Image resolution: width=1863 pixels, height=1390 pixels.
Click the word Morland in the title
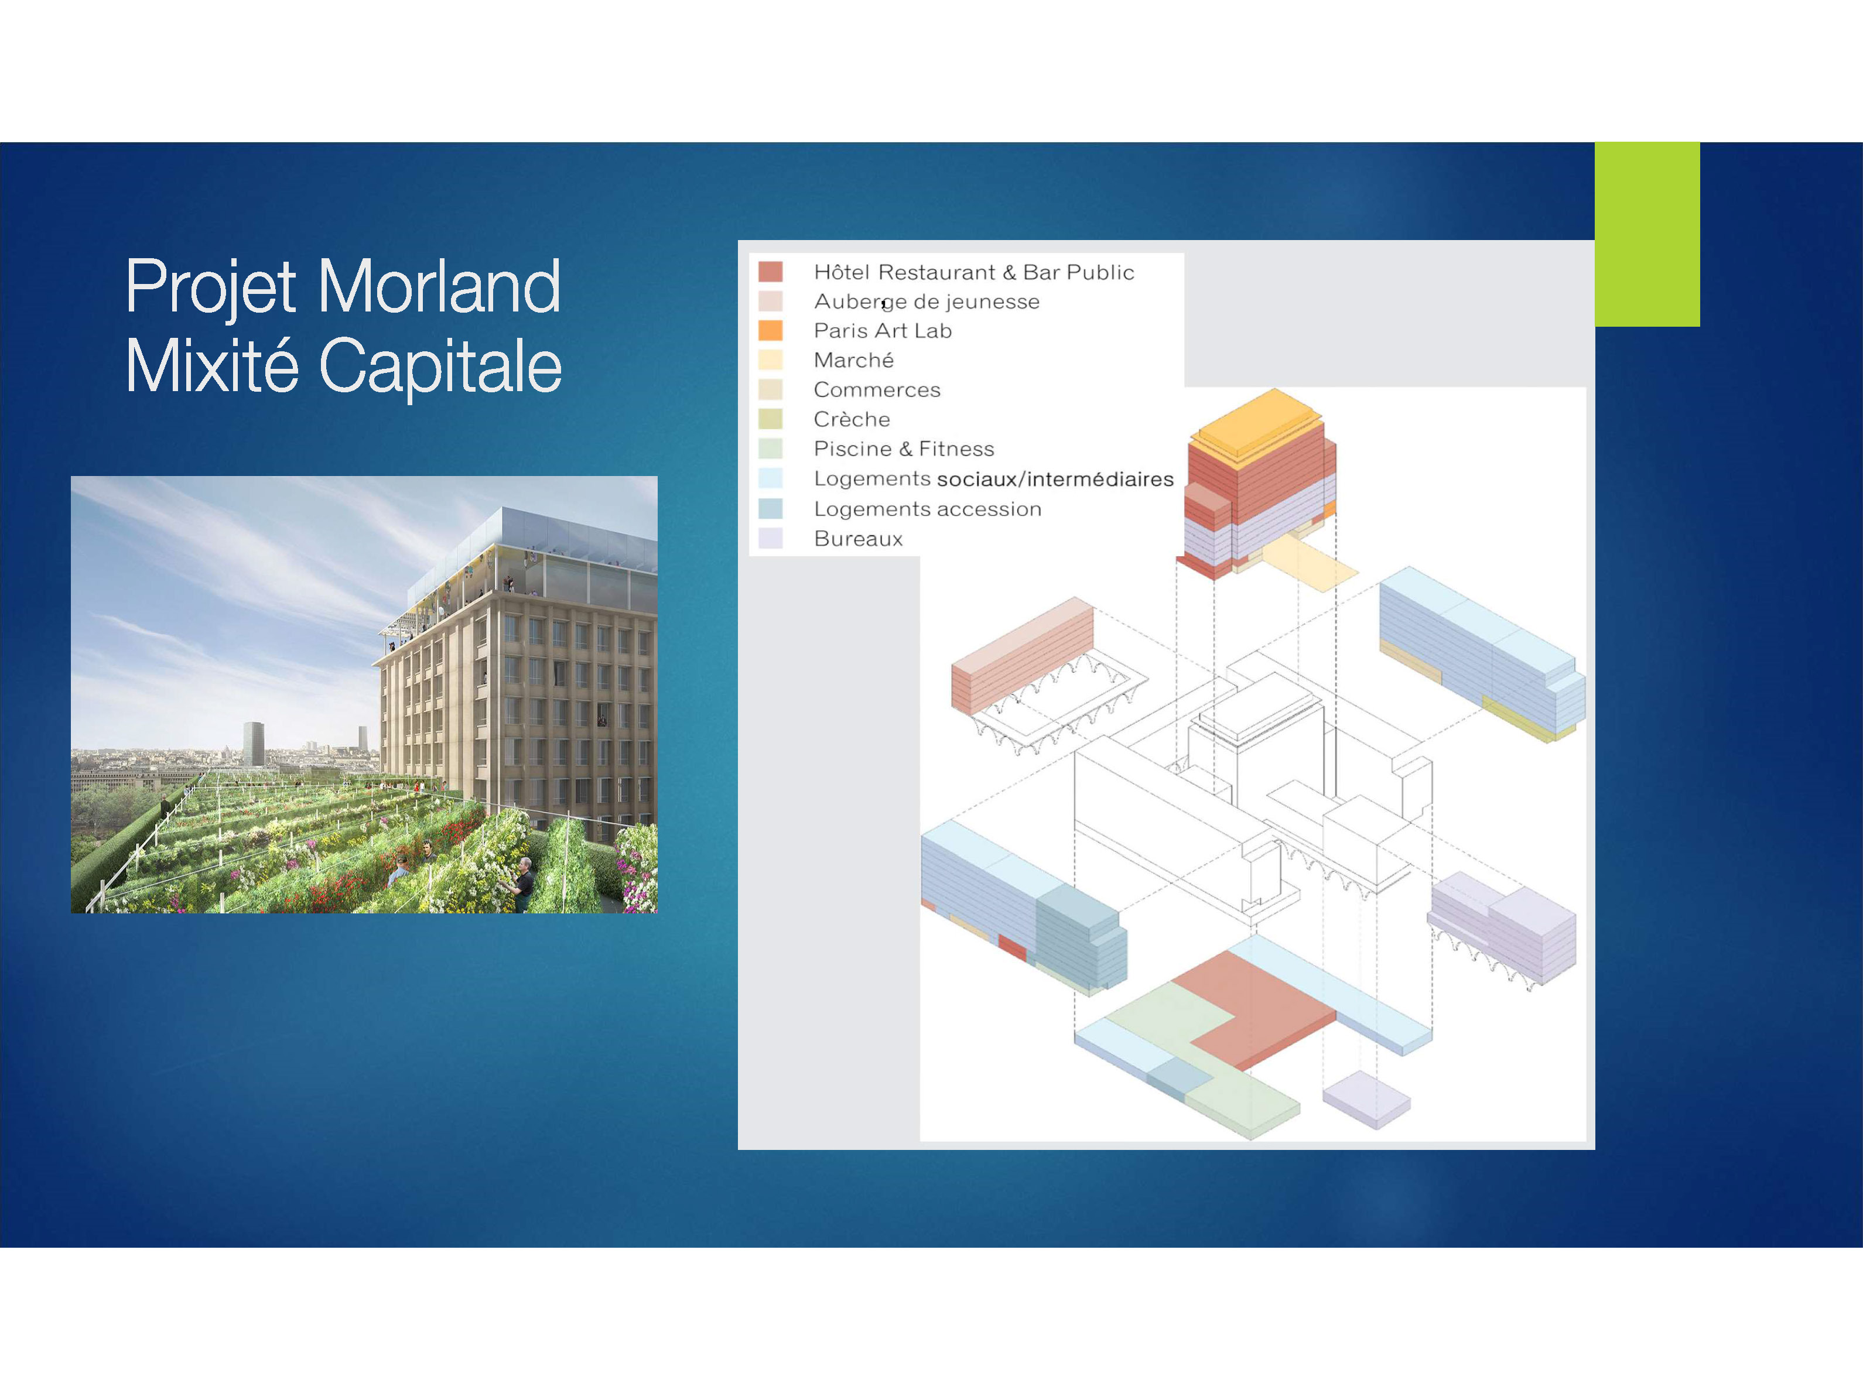point(439,286)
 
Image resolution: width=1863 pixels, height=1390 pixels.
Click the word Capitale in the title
point(440,366)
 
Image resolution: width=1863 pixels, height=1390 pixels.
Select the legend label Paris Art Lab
point(883,331)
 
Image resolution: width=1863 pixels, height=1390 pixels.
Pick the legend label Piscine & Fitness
point(904,449)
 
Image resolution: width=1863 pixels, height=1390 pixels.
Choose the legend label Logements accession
point(927,509)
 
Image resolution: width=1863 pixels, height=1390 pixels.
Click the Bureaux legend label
point(859,539)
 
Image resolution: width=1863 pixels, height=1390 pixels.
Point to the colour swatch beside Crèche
point(770,419)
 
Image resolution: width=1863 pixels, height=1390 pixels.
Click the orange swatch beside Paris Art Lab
point(770,331)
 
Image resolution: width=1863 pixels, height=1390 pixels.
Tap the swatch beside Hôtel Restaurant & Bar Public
point(770,272)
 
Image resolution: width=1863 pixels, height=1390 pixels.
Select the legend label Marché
point(853,360)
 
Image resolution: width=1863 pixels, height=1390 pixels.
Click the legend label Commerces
point(877,389)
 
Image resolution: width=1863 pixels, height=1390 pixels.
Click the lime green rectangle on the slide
point(1647,234)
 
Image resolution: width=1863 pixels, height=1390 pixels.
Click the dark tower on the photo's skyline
point(253,743)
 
